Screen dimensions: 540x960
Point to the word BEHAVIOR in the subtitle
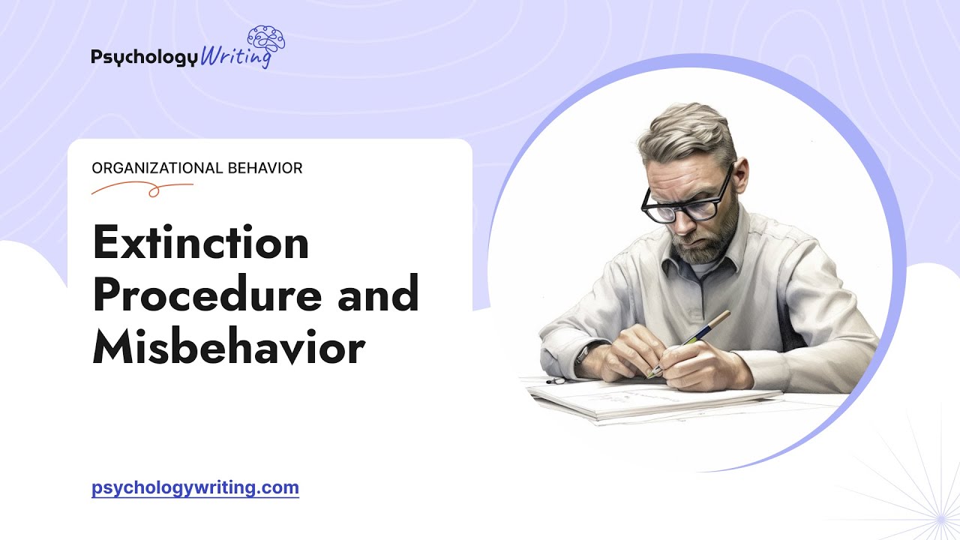[x=264, y=168]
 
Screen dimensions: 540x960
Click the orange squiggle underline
[x=142, y=189]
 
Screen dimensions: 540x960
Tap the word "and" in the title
[x=378, y=295]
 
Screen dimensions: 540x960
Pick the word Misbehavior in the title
[x=228, y=347]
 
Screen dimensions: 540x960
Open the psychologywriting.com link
[x=195, y=488]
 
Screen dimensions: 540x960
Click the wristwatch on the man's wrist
[x=584, y=352]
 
